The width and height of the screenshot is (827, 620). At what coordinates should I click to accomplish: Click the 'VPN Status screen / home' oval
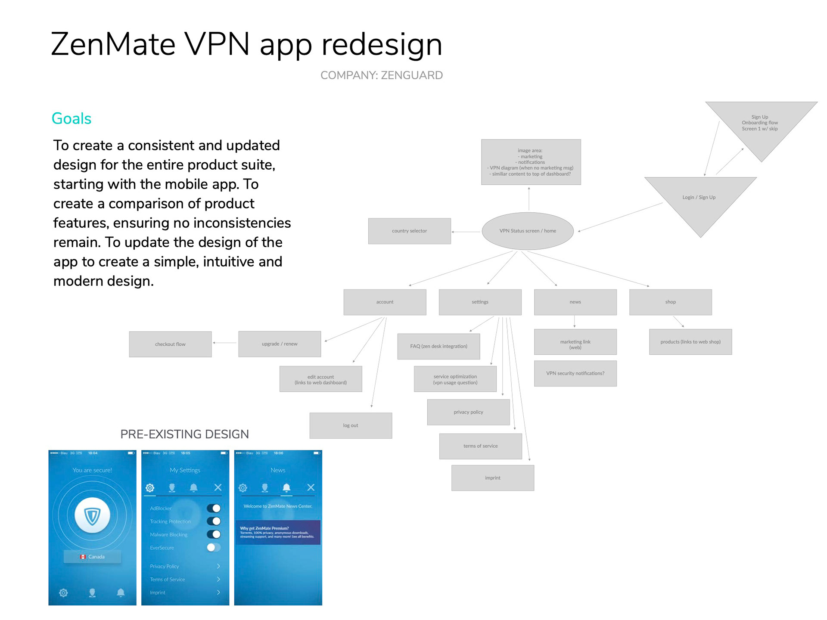tap(528, 231)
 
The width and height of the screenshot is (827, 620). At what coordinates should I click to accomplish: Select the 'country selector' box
tap(409, 231)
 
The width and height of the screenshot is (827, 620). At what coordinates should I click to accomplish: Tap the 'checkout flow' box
tap(170, 344)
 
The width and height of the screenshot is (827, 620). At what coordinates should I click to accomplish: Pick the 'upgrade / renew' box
tap(280, 344)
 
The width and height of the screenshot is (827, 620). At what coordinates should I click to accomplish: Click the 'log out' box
tap(351, 426)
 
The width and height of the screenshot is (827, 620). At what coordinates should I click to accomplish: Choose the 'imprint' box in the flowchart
tap(493, 478)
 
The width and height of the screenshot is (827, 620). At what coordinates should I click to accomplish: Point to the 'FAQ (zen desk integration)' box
tap(438, 347)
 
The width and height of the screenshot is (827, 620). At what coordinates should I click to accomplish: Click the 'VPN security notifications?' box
tap(575, 374)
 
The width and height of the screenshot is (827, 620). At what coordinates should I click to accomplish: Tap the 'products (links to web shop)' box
tap(690, 342)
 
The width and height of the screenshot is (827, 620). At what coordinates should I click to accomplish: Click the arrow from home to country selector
tap(466, 232)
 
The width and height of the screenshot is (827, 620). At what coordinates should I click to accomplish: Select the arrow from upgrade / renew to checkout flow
tap(224, 343)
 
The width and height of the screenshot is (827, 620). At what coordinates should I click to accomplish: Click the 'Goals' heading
tap(72, 119)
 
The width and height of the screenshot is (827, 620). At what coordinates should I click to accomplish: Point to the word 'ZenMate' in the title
tap(113, 44)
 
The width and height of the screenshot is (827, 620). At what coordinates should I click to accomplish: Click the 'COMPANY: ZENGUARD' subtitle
tap(381, 75)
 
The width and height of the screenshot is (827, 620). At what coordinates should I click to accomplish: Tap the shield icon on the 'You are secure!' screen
tap(92, 516)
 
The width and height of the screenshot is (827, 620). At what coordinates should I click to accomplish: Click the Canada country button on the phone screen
tap(93, 557)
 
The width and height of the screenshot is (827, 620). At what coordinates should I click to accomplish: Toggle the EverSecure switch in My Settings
tap(214, 548)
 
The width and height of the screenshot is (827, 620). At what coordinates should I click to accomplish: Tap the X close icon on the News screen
tap(311, 487)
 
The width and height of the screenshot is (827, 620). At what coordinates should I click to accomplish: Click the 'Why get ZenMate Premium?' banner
tap(278, 533)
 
